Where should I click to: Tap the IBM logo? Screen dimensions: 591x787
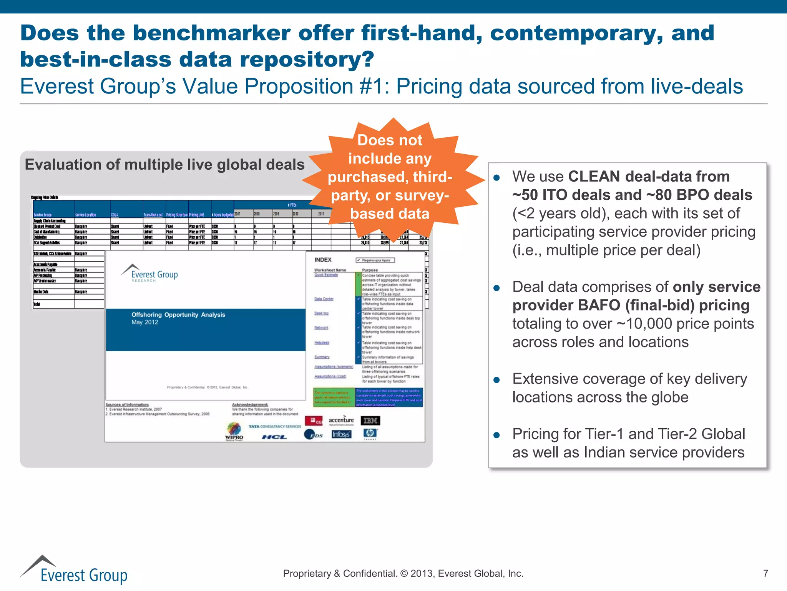(370, 421)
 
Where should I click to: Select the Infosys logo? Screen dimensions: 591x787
(341, 434)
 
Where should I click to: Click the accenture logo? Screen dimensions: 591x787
(341, 420)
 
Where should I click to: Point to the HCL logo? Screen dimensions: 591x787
(274, 437)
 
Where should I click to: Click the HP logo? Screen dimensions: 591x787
(370, 434)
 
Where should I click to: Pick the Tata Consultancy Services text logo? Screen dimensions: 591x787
(275, 426)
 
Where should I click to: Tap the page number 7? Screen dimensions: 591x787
(765, 573)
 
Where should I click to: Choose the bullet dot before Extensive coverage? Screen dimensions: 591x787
(496, 380)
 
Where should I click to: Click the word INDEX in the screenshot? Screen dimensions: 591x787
(323, 260)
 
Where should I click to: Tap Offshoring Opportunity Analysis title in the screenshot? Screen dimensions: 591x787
(178, 315)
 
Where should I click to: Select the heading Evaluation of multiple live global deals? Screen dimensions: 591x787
(164, 165)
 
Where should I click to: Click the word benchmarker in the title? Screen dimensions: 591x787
(211, 33)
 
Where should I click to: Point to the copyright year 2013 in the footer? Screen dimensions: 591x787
(422, 574)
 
